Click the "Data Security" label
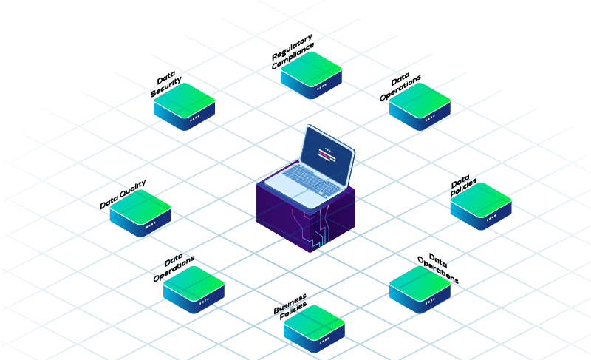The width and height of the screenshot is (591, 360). tap(166, 86)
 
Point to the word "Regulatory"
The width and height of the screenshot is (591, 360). tap(292, 46)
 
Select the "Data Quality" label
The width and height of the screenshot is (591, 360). tap(123, 194)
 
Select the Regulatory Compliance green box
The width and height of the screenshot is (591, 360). tap(311, 71)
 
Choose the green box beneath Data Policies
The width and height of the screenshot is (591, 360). tap(481, 203)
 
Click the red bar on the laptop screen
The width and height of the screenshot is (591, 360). tap(326, 156)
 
